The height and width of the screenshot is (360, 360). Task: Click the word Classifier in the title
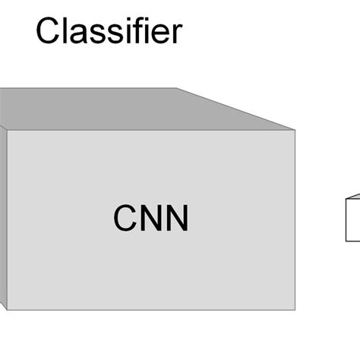(x=109, y=32)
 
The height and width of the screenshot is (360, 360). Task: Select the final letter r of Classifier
(x=176, y=35)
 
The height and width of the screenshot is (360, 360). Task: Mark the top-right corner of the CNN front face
(x=295, y=130)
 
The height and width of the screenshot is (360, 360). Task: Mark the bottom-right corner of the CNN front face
(x=295, y=310)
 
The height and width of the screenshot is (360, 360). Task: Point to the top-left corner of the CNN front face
(x=6, y=130)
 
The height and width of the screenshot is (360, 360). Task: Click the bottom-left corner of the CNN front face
(x=6, y=310)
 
